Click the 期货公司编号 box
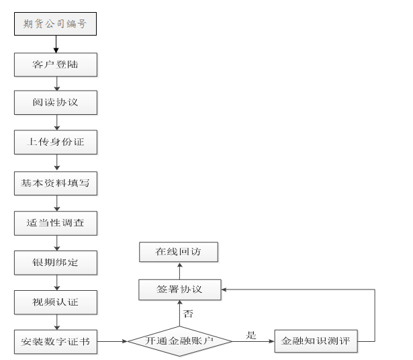pyautogui.click(x=55, y=25)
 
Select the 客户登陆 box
pyautogui.click(x=55, y=64)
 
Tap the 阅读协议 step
pyautogui.click(x=55, y=103)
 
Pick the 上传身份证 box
pyautogui.click(x=55, y=142)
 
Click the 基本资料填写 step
pyautogui.click(x=55, y=183)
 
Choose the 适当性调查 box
pyautogui.click(x=55, y=222)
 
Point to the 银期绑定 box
pyautogui.click(x=55, y=262)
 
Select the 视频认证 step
pyautogui.click(x=55, y=302)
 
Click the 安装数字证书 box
pyautogui.click(x=55, y=341)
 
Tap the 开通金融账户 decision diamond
pyautogui.click(x=180, y=341)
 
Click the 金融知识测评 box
pyautogui.click(x=316, y=341)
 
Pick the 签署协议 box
pyautogui.click(x=180, y=290)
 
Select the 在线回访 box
pyautogui.click(x=179, y=252)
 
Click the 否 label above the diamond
pyautogui.click(x=189, y=313)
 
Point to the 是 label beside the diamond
pyautogui.click(x=251, y=334)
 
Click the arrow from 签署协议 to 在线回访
pyautogui.click(x=179, y=271)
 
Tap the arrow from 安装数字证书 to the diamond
pyautogui.click(x=112, y=341)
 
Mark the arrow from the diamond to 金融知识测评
pyautogui.click(x=254, y=341)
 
